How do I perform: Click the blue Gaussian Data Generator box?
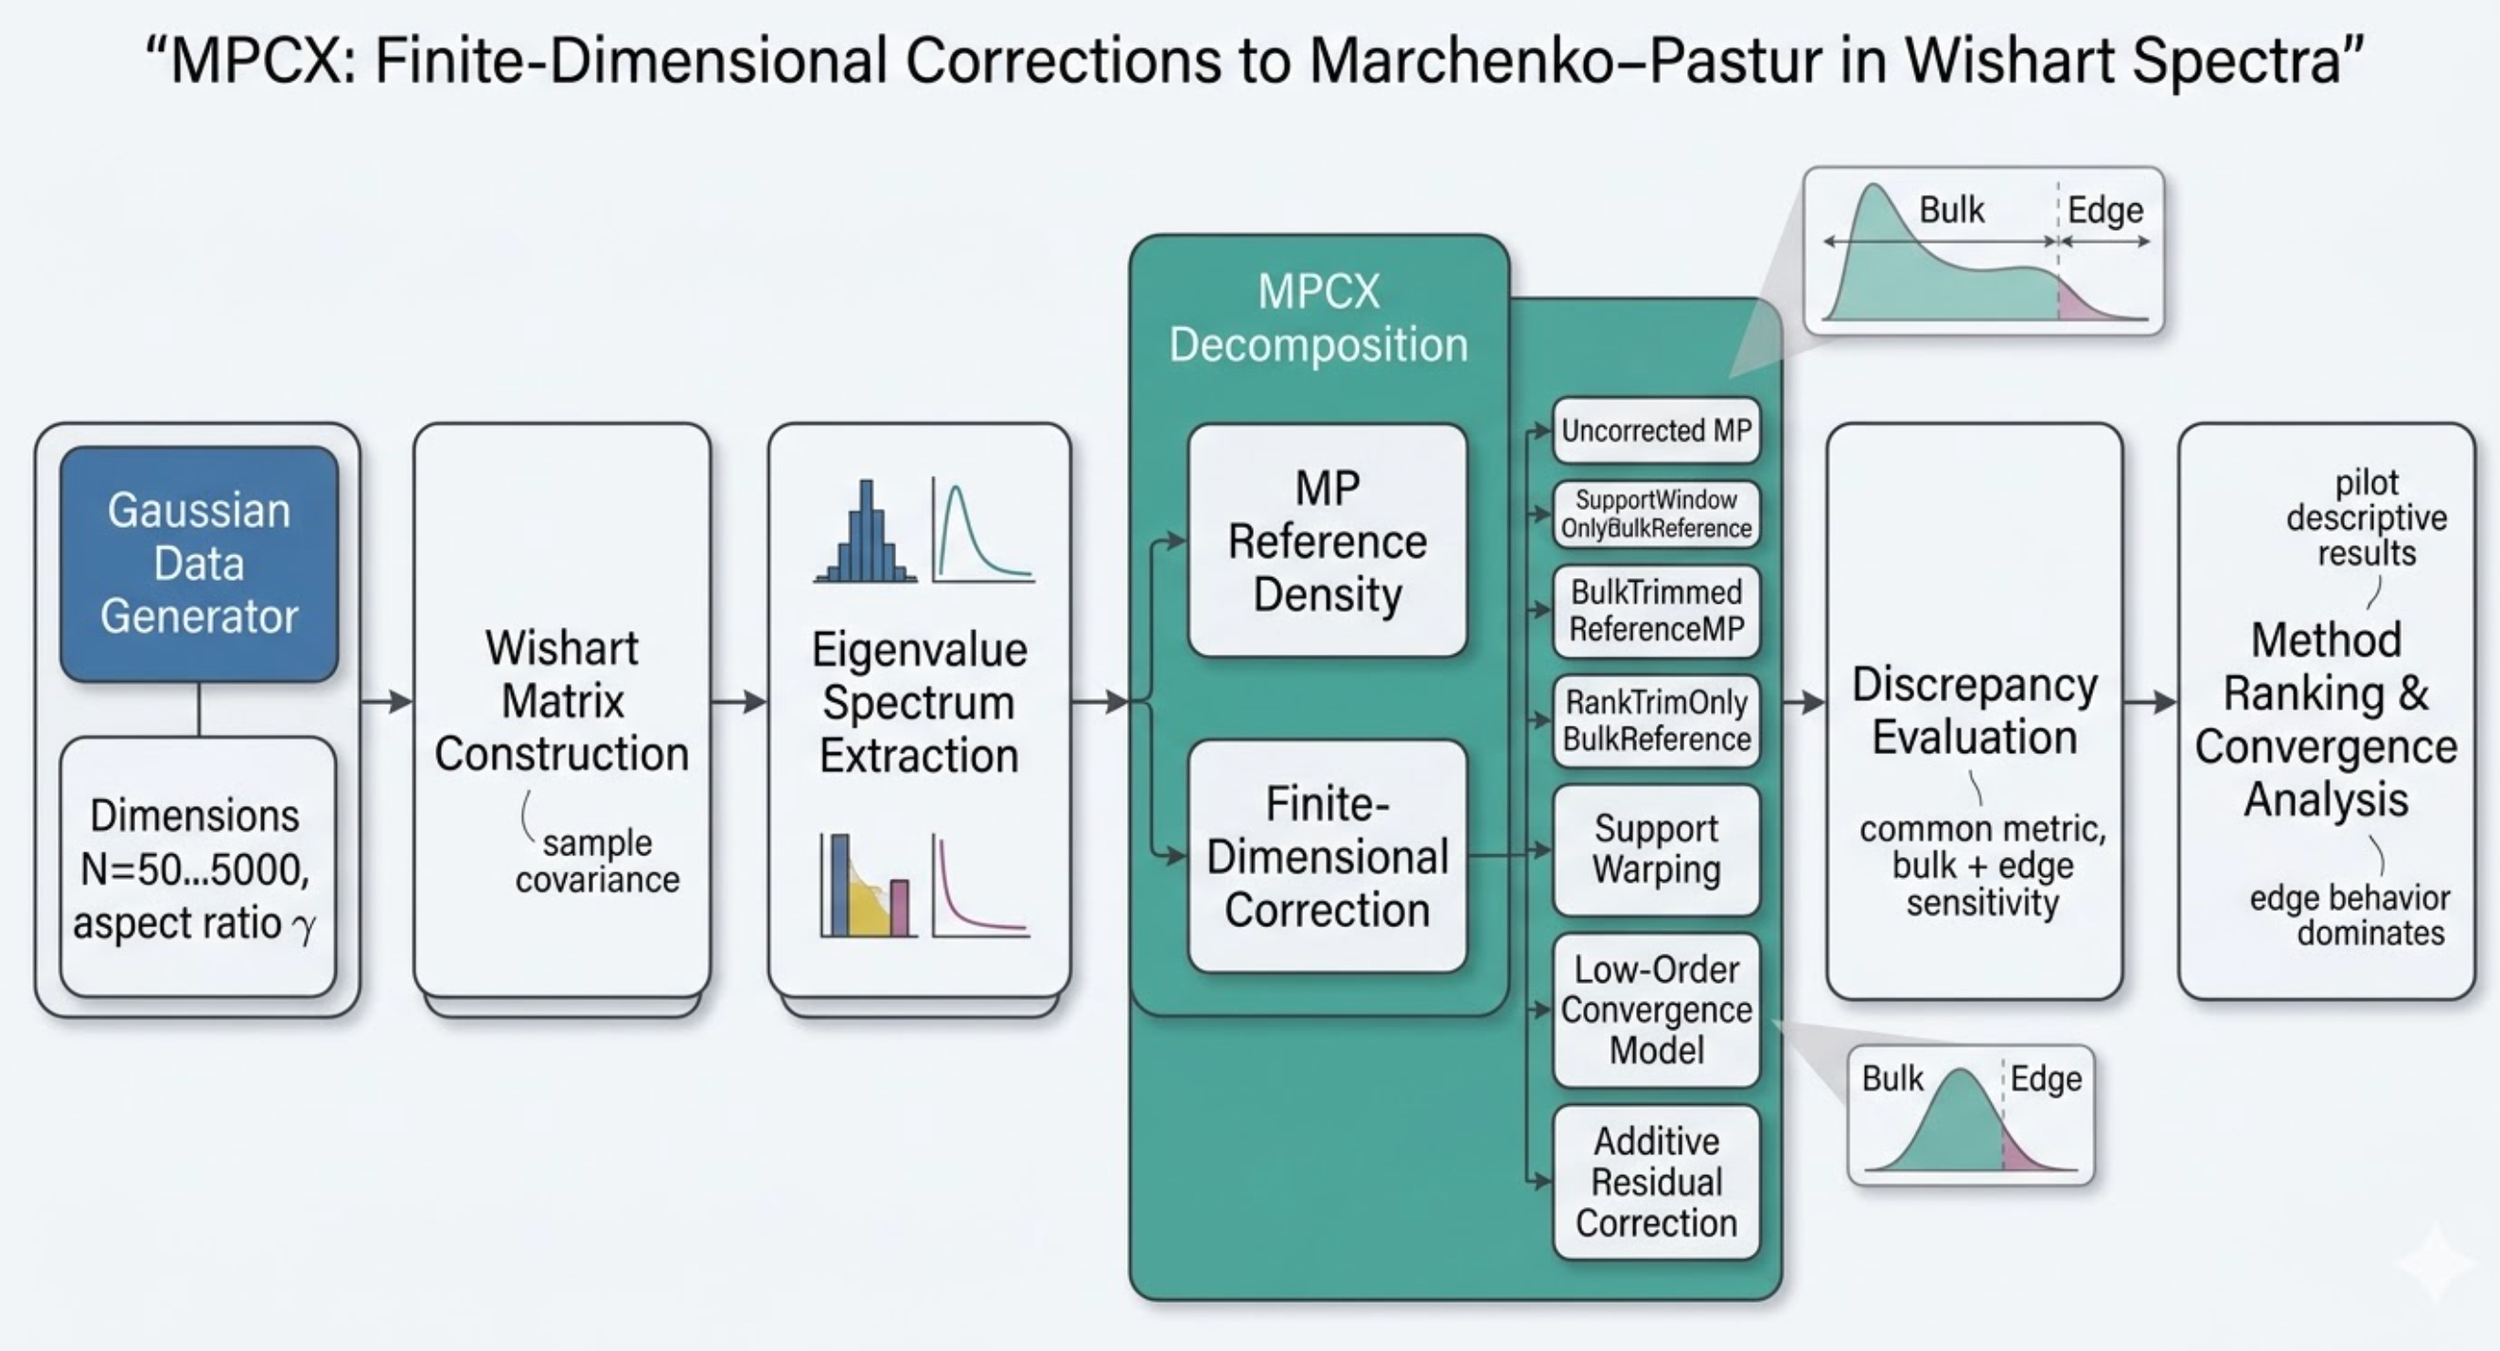click(199, 563)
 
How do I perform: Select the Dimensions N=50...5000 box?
click(197, 867)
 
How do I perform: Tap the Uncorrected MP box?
click(1656, 430)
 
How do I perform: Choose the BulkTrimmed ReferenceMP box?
click(1656, 610)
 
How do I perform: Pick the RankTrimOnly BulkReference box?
click(1656, 720)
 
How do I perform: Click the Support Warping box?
click(1656, 850)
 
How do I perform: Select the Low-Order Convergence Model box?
click(1656, 1009)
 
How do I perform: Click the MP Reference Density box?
click(1327, 540)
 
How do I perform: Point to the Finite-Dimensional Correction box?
click(1327, 856)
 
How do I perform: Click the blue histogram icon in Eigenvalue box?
click(866, 534)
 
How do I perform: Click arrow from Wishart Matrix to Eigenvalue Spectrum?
click(740, 701)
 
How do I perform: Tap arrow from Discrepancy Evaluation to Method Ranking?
click(2150, 701)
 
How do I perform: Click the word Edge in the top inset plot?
click(2104, 210)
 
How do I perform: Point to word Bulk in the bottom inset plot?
click(1892, 1079)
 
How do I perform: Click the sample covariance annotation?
click(597, 861)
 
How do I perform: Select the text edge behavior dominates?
click(2350, 915)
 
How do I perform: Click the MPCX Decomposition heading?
click(1318, 318)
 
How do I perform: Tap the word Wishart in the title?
click(1998, 61)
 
